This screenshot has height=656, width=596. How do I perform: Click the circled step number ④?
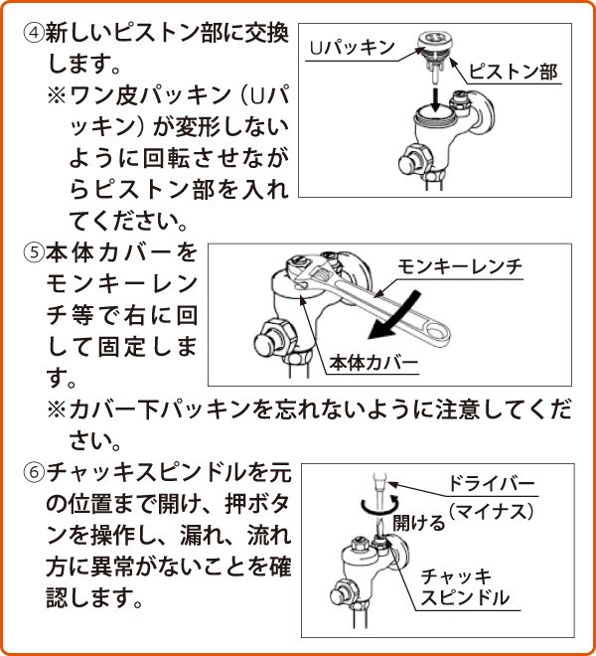pos(33,33)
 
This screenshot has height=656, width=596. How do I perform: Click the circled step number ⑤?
pos(33,252)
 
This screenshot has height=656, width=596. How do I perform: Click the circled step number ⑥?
pos(34,473)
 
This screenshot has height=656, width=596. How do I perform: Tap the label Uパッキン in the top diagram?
pos(352,48)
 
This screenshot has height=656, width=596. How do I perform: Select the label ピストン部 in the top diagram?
pos(514,72)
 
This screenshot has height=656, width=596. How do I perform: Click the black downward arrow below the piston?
pos(436,99)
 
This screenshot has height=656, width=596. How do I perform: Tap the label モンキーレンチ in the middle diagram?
pos(460,266)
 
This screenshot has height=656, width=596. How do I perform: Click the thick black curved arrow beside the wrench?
pos(392,317)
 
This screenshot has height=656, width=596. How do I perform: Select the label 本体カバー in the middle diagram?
pos(372,363)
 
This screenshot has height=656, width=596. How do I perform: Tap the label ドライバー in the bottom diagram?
pos(492,484)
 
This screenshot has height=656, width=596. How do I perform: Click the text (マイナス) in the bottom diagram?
pos(492,511)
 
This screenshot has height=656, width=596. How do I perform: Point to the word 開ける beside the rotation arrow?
pos(418,523)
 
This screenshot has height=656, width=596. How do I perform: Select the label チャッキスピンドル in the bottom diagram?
pos(464,587)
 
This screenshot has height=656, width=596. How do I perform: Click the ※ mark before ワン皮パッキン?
pos(57,95)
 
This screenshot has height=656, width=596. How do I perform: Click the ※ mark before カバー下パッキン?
pos(57,410)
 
